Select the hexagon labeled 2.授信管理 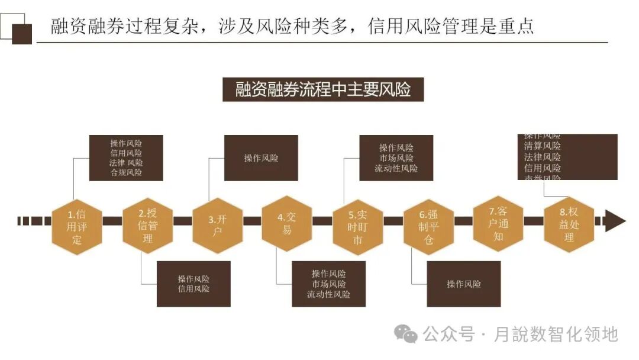tap(147, 226)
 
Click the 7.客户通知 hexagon tap(498, 224)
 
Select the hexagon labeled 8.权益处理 tap(569, 224)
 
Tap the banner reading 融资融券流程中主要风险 tap(323, 90)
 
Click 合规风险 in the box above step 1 tap(126, 172)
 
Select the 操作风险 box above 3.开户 tap(261, 158)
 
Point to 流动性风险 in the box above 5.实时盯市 tap(396, 168)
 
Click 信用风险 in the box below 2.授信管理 tap(193, 289)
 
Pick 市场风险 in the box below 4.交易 tap(328, 284)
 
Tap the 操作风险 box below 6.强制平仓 tap(463, 284)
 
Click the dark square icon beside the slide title tap(22, 34)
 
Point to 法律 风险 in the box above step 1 tap(126, 163)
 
